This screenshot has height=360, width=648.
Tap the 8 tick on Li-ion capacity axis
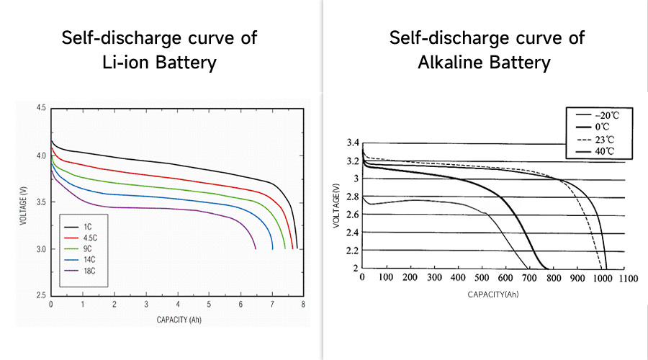point(303,305)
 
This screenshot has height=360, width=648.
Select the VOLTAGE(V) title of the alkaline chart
point(337,206)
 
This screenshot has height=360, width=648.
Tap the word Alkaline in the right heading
point(449,63)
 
